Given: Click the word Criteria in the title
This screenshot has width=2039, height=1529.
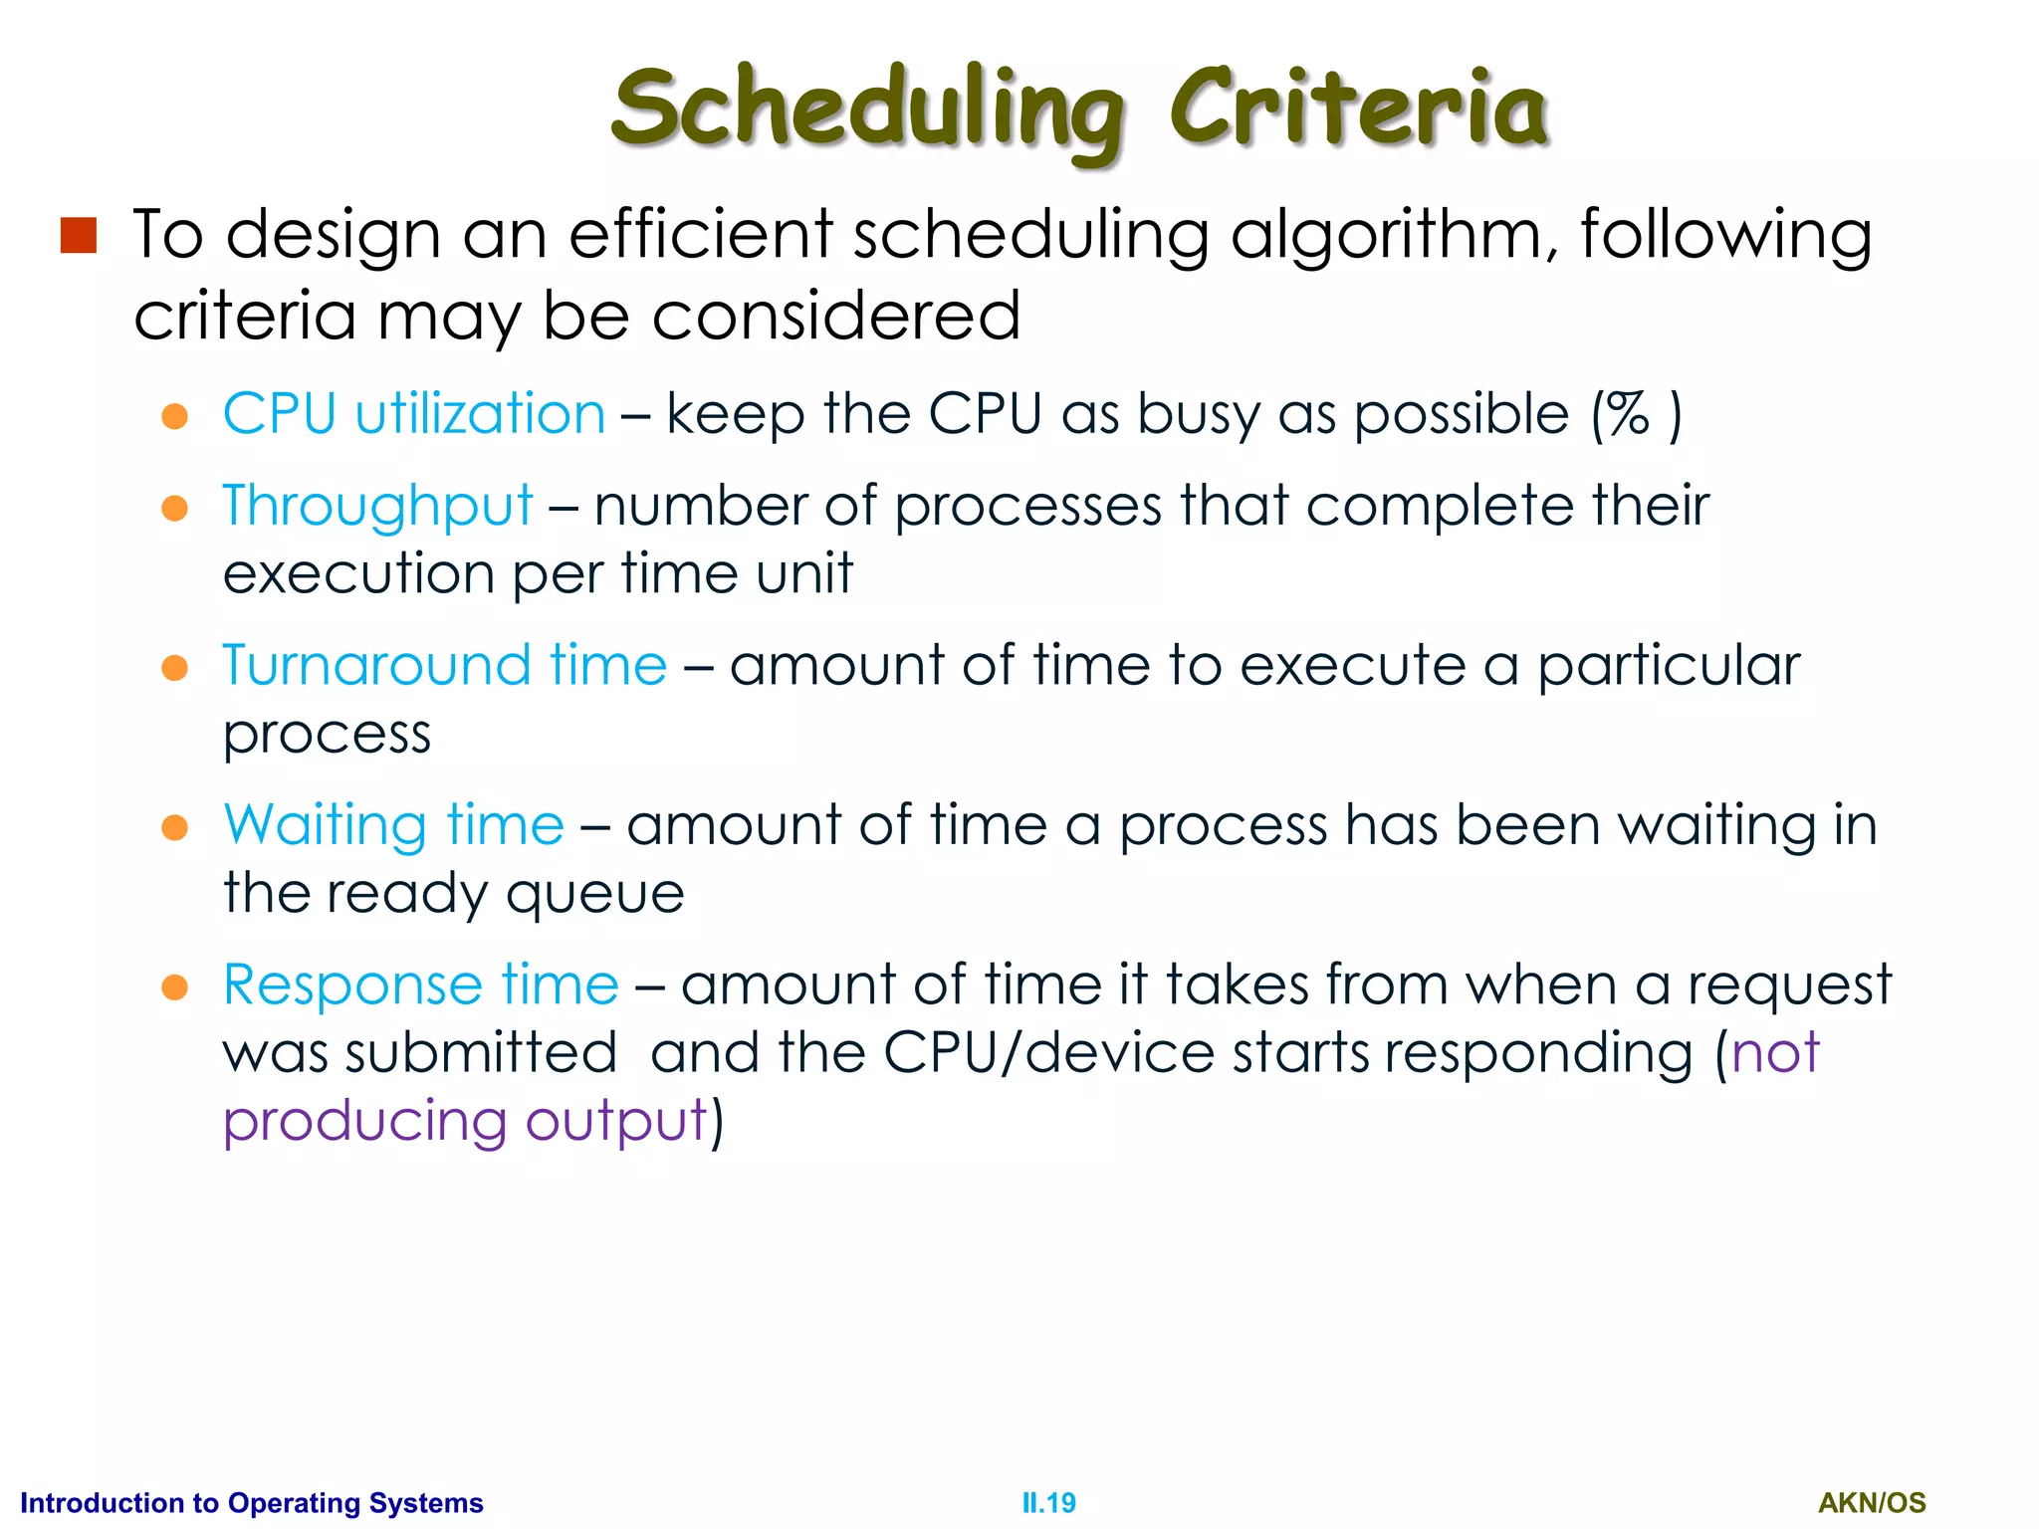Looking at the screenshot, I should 1358,108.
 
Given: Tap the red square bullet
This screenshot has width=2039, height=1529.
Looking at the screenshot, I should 78,236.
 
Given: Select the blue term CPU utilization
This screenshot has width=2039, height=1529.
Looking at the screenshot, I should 413,414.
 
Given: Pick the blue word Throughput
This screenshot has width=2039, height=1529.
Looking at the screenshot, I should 377,506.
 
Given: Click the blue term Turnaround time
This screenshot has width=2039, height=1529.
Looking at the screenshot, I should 444,665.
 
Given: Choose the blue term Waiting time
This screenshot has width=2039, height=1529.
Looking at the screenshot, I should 393,825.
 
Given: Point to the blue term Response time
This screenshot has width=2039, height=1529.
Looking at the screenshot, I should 420,984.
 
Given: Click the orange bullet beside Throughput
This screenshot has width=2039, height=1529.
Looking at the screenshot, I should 175,508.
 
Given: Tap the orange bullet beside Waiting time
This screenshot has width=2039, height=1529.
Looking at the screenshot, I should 175,827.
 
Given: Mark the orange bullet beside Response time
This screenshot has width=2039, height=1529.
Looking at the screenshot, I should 175,986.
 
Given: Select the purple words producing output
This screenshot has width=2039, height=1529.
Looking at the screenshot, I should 465,1121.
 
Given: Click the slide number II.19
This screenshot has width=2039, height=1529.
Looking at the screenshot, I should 1048,1502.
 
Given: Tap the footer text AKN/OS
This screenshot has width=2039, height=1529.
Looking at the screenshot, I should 1872,1502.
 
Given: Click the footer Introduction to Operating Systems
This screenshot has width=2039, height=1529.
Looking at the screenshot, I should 252,1502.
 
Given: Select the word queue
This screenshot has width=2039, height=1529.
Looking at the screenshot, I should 594,894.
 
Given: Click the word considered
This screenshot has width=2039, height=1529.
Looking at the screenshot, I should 836,317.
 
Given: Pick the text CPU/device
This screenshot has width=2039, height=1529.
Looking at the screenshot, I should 1048,1053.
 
